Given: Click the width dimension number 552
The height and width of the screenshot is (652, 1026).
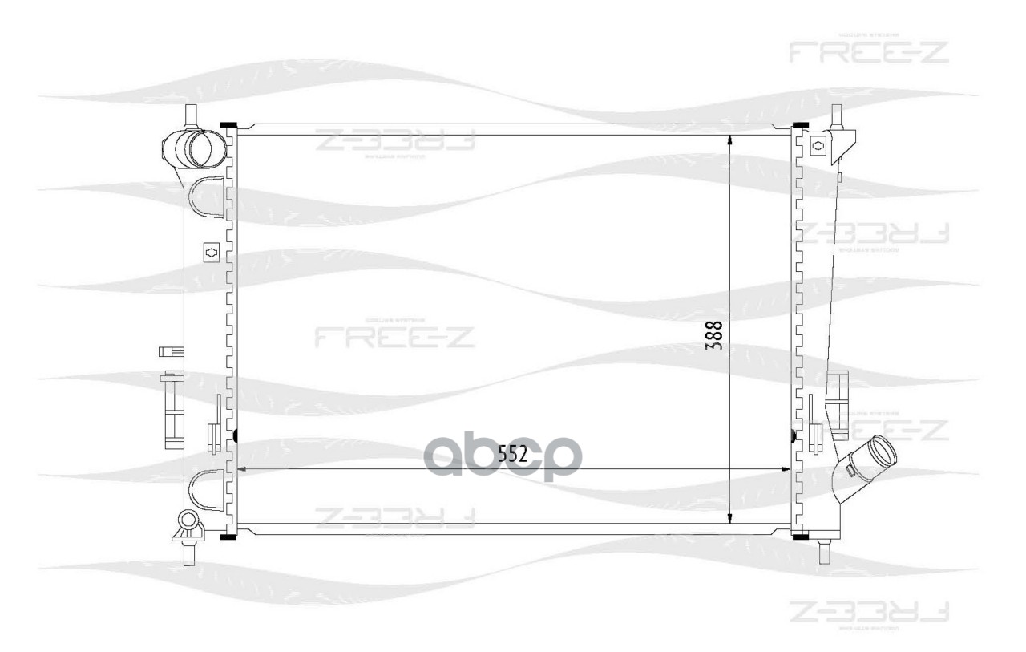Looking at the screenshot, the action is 512,455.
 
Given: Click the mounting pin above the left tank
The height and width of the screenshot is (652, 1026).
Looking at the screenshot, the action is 191,115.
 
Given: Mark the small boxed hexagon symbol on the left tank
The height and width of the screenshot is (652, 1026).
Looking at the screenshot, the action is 212,252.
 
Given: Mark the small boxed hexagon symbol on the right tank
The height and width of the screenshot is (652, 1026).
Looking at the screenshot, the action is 818,146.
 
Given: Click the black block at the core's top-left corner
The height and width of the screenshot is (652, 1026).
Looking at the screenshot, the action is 228,125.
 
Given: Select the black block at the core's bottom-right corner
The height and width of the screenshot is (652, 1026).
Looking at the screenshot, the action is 799,535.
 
